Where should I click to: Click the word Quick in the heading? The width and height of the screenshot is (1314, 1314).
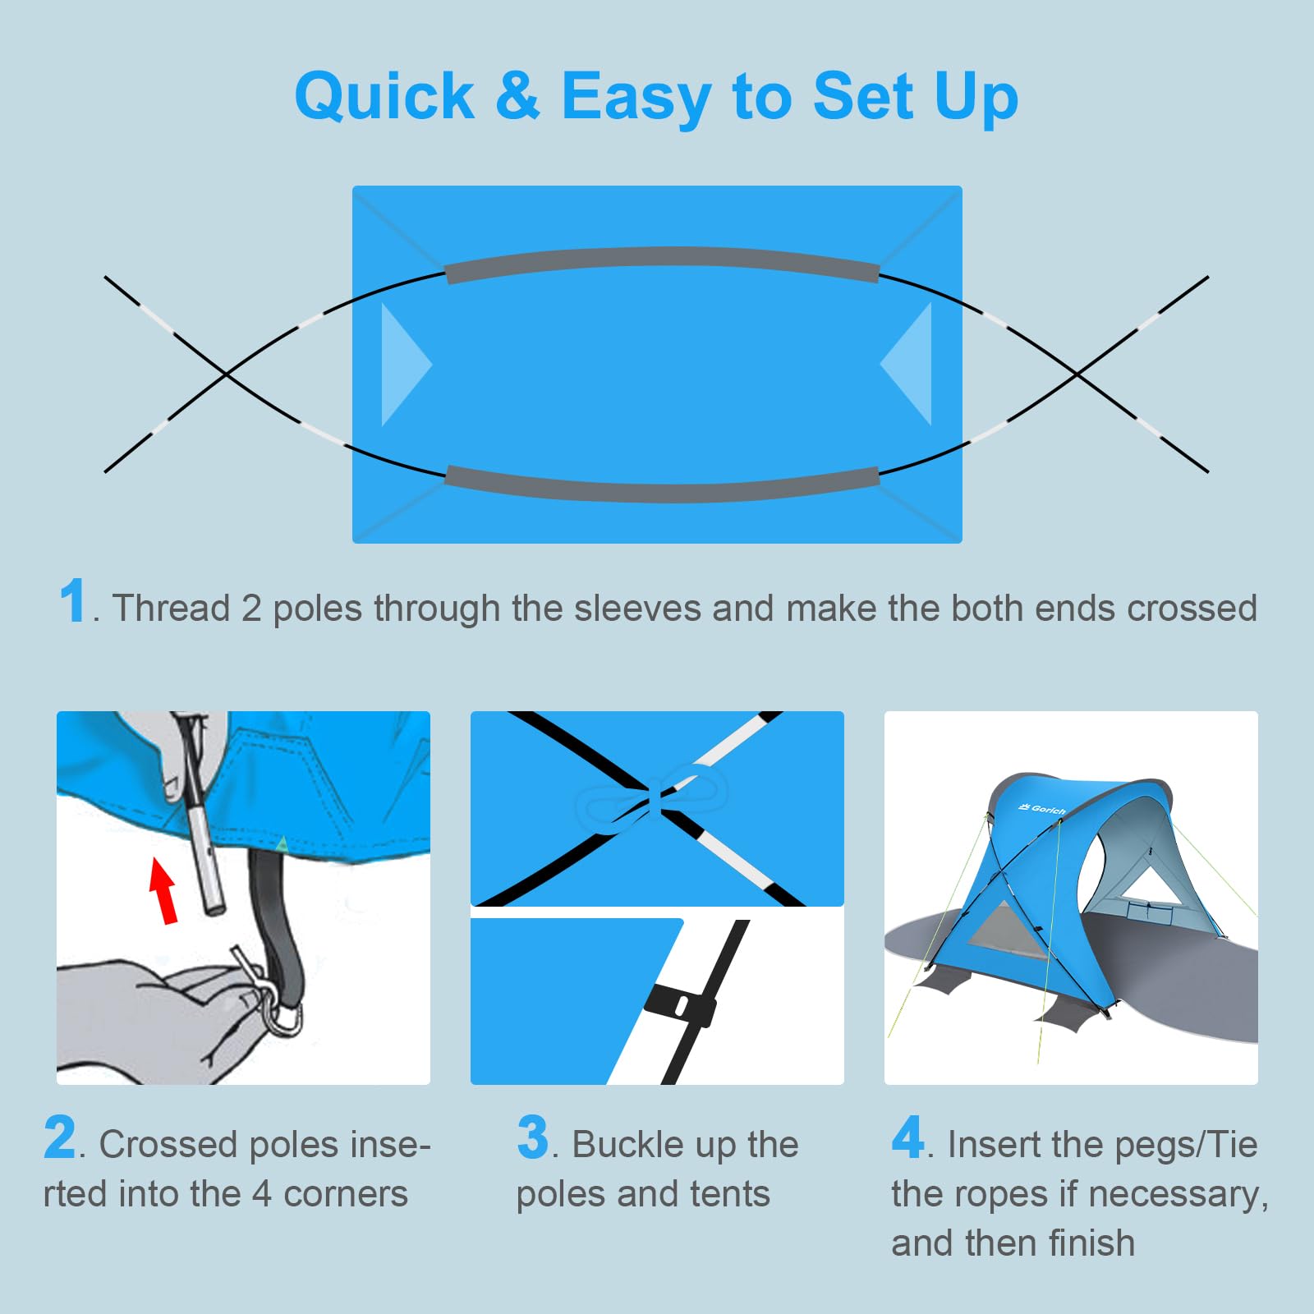click(384, 97)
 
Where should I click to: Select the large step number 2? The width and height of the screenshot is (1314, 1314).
click(60, 1137)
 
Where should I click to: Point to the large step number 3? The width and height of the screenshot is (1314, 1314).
click(532, 1137)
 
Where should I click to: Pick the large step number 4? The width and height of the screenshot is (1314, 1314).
click(908, 1137)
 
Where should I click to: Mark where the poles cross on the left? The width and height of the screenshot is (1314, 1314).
click(227, 374)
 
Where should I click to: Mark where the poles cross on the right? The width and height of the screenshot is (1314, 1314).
click(1077, 374)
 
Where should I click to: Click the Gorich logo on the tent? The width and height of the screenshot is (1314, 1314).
click(1042, 810)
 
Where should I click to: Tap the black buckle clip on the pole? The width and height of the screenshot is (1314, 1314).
click(680, 1004)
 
